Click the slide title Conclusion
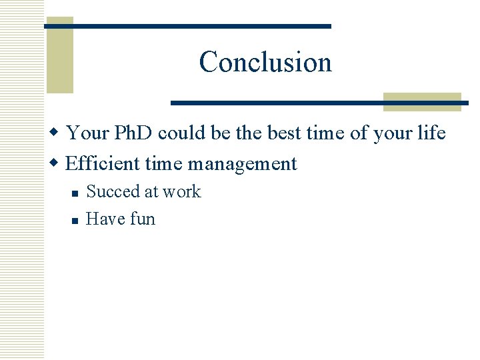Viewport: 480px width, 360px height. (x=265, y=62)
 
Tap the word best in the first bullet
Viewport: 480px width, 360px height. (x=285, y=133)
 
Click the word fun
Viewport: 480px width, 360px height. (x=140, y=219)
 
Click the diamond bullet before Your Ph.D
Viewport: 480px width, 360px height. (x=58, y=133)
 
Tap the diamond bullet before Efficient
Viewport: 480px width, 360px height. (x=58, y=163)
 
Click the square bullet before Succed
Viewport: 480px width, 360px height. (x=75, y=193)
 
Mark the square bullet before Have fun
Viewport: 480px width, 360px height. (x=75, y=220)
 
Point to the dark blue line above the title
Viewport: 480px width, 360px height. (x=187, y=26)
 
